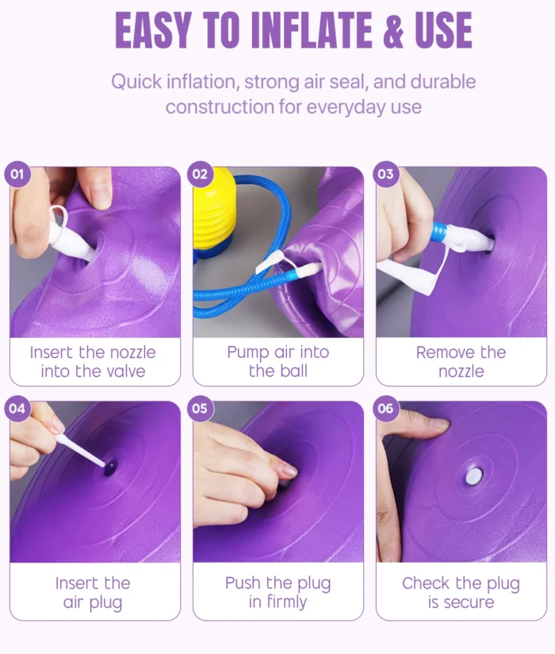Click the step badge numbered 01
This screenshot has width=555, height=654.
(17, 174)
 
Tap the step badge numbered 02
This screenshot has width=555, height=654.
(201, 174)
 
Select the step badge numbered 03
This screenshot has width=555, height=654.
(386, 174)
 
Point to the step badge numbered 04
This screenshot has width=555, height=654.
(17, 408)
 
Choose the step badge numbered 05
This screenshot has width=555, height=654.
(201, 408)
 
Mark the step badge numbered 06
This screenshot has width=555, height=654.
(386, 408)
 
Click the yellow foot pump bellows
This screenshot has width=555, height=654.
(214, 213)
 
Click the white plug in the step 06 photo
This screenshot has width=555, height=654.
(474, 476)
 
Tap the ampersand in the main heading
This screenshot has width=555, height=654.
(393, 30)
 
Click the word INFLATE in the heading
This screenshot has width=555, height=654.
(312, 30)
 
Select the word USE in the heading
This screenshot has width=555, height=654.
(443, 30)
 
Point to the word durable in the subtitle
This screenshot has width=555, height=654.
(443, 81)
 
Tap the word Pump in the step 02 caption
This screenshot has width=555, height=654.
(247, 353)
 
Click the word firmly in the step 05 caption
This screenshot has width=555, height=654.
(287, 602)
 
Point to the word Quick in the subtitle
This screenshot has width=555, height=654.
(136, 82)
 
